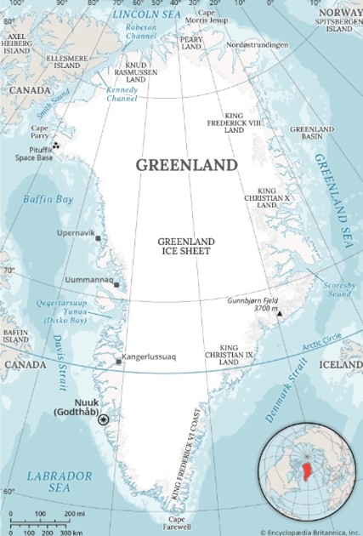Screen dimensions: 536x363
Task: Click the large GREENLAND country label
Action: [187, 164]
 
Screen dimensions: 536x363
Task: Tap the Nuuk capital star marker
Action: [104, 419]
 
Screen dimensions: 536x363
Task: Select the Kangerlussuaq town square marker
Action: [118, 362]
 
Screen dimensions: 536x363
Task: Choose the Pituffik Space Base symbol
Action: [55, 145]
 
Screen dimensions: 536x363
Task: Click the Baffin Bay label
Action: [48, 199]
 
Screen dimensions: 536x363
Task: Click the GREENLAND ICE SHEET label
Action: [186, 247]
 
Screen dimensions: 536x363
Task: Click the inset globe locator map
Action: [309, 477]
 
